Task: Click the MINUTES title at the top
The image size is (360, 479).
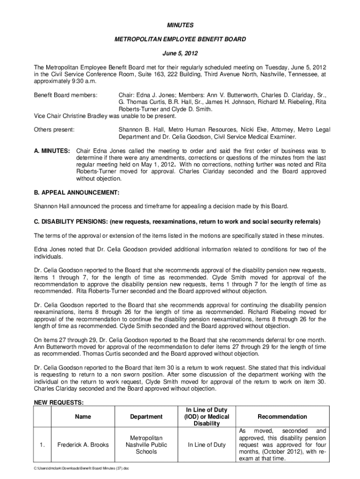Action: click(x=180, y=25)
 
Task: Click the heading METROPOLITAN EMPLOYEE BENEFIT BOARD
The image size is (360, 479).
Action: click(x=180, y=39)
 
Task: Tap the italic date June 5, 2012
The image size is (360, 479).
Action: click(x=180, y=54)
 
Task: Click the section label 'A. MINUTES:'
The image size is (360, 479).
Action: click(x=52, y=151)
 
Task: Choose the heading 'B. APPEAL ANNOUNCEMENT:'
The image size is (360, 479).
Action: click(x=77, y=192)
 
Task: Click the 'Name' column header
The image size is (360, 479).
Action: click(x=82, y=417)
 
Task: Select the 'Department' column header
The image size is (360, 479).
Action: click(x=146, y=417)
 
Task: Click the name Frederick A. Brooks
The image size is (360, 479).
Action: click(x=82, y=445)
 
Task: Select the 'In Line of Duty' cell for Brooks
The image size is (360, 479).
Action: click(x=206, y=445)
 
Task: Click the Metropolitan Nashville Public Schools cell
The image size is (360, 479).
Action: click(x=146, y=445)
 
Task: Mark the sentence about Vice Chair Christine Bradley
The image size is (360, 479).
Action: click(x=106, y=116)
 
